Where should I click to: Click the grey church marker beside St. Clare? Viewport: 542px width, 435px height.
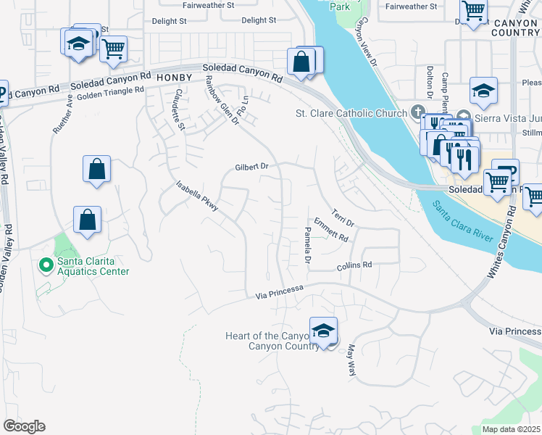tap(417, 112)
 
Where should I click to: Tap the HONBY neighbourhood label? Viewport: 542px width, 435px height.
tap(173, 78)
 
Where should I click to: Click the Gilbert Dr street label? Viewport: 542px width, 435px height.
tap(251, 167)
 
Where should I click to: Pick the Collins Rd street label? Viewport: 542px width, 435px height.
tap(354, 266)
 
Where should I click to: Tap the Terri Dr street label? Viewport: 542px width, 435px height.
tap(343, 216)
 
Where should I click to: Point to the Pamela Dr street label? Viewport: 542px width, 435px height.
tap(308, 246)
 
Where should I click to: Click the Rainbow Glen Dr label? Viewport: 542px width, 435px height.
tap(222, 100)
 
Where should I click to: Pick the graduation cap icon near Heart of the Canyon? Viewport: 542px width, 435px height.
tap(323, 331)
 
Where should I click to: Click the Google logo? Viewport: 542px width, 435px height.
tap(24, 426)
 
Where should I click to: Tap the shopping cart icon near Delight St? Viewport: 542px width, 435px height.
tap(113, 49)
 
